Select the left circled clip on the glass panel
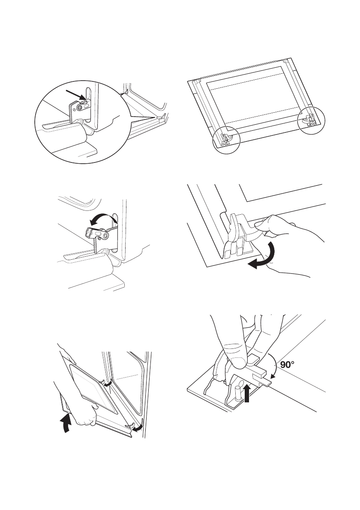(x=226, y=139)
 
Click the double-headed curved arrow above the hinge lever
(x=103, y=216)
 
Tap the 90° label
(x=287, y=364)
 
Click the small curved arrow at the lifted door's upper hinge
(x=109, y=384)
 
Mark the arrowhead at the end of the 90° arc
(x=272, y=376)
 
